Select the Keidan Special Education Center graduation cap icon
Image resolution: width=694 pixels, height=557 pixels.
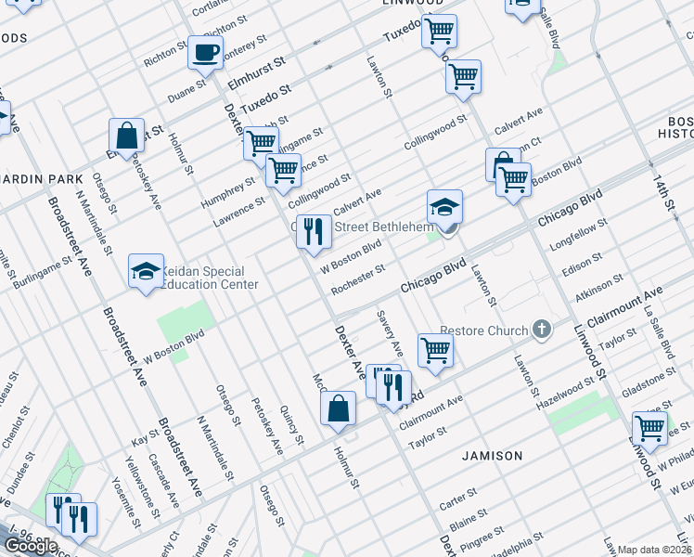(x=146, y=272)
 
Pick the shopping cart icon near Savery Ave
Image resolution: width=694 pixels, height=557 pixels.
(x=434, y=351)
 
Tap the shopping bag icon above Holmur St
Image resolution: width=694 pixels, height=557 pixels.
(x=339, y=408)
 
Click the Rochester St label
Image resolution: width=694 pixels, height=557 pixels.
(x=358, y=278)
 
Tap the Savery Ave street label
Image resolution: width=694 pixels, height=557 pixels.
(x=390, y=332)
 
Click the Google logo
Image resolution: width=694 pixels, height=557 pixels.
(x=32, y=546)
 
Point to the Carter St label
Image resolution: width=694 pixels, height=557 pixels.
(x=457, y=499)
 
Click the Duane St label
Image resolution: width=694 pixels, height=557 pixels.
(x=186, y=92)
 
